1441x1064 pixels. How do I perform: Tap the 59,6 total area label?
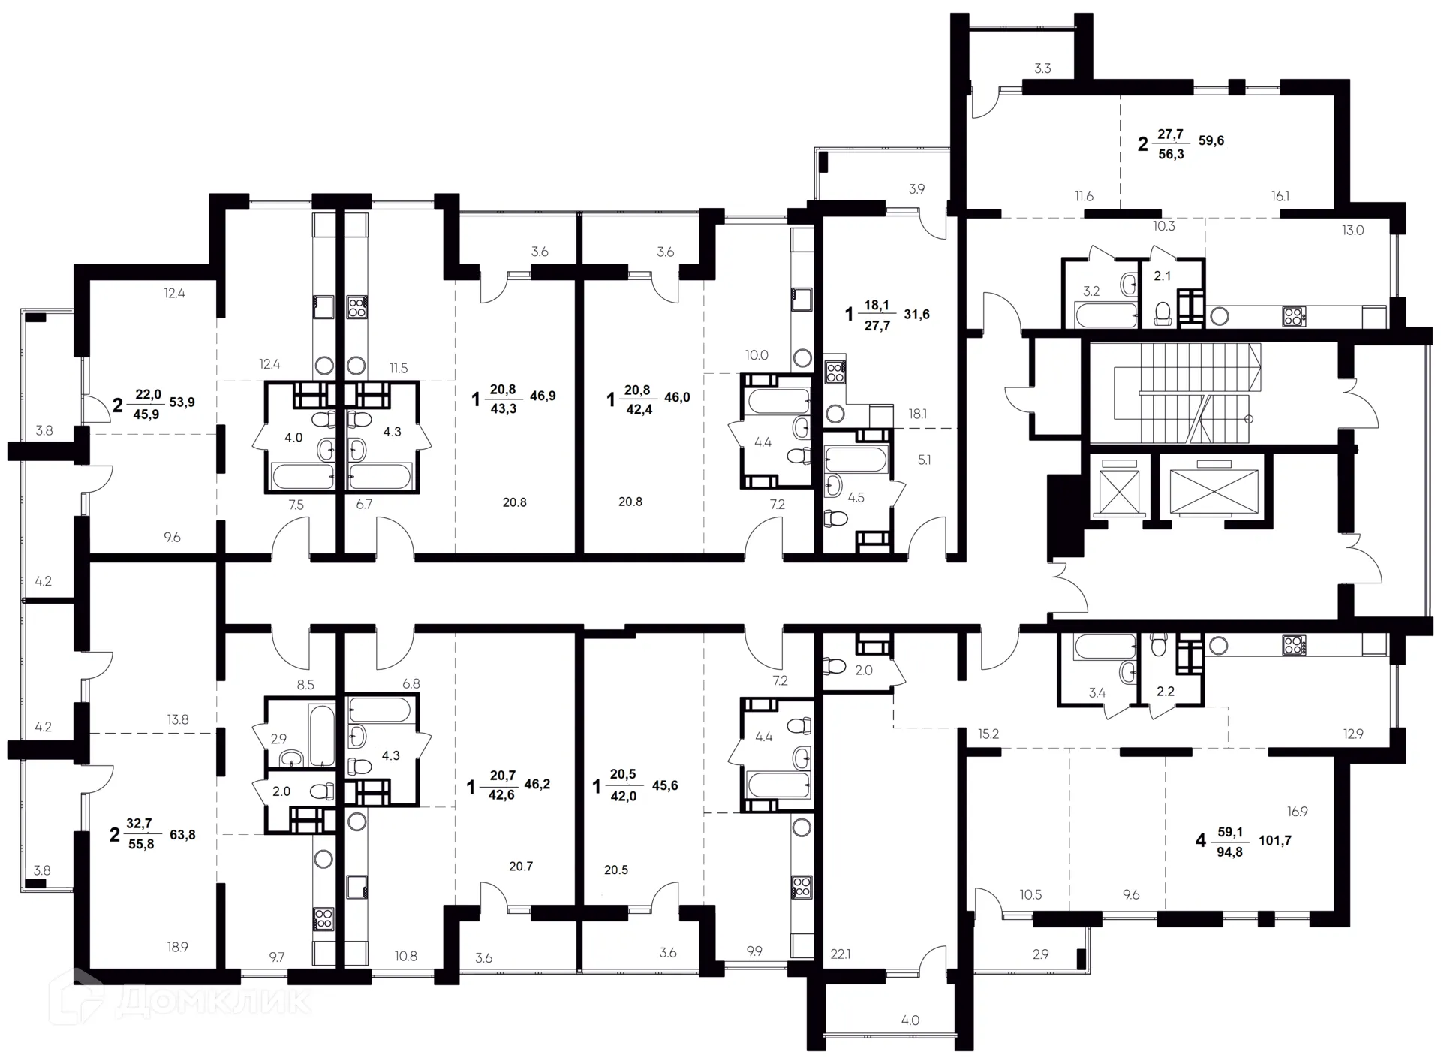coord(1211,140)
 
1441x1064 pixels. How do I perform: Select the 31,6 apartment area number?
coord(916,314)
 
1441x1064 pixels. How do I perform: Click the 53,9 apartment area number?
coord(182,402)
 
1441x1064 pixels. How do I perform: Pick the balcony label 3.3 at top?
coord(1042,68)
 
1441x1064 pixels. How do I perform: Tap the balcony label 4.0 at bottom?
coord(910,1020)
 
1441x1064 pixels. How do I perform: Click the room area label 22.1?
coord(841,954)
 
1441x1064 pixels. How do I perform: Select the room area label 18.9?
coord(177,948)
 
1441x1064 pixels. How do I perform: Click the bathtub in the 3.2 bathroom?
coord(1105,315)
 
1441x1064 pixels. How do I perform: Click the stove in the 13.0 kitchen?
coord(1294,317)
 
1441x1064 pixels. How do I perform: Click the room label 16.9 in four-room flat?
coord(1297,812)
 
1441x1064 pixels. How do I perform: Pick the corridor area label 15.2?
coord(988,734)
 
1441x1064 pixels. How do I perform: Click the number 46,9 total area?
coord(543,396)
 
